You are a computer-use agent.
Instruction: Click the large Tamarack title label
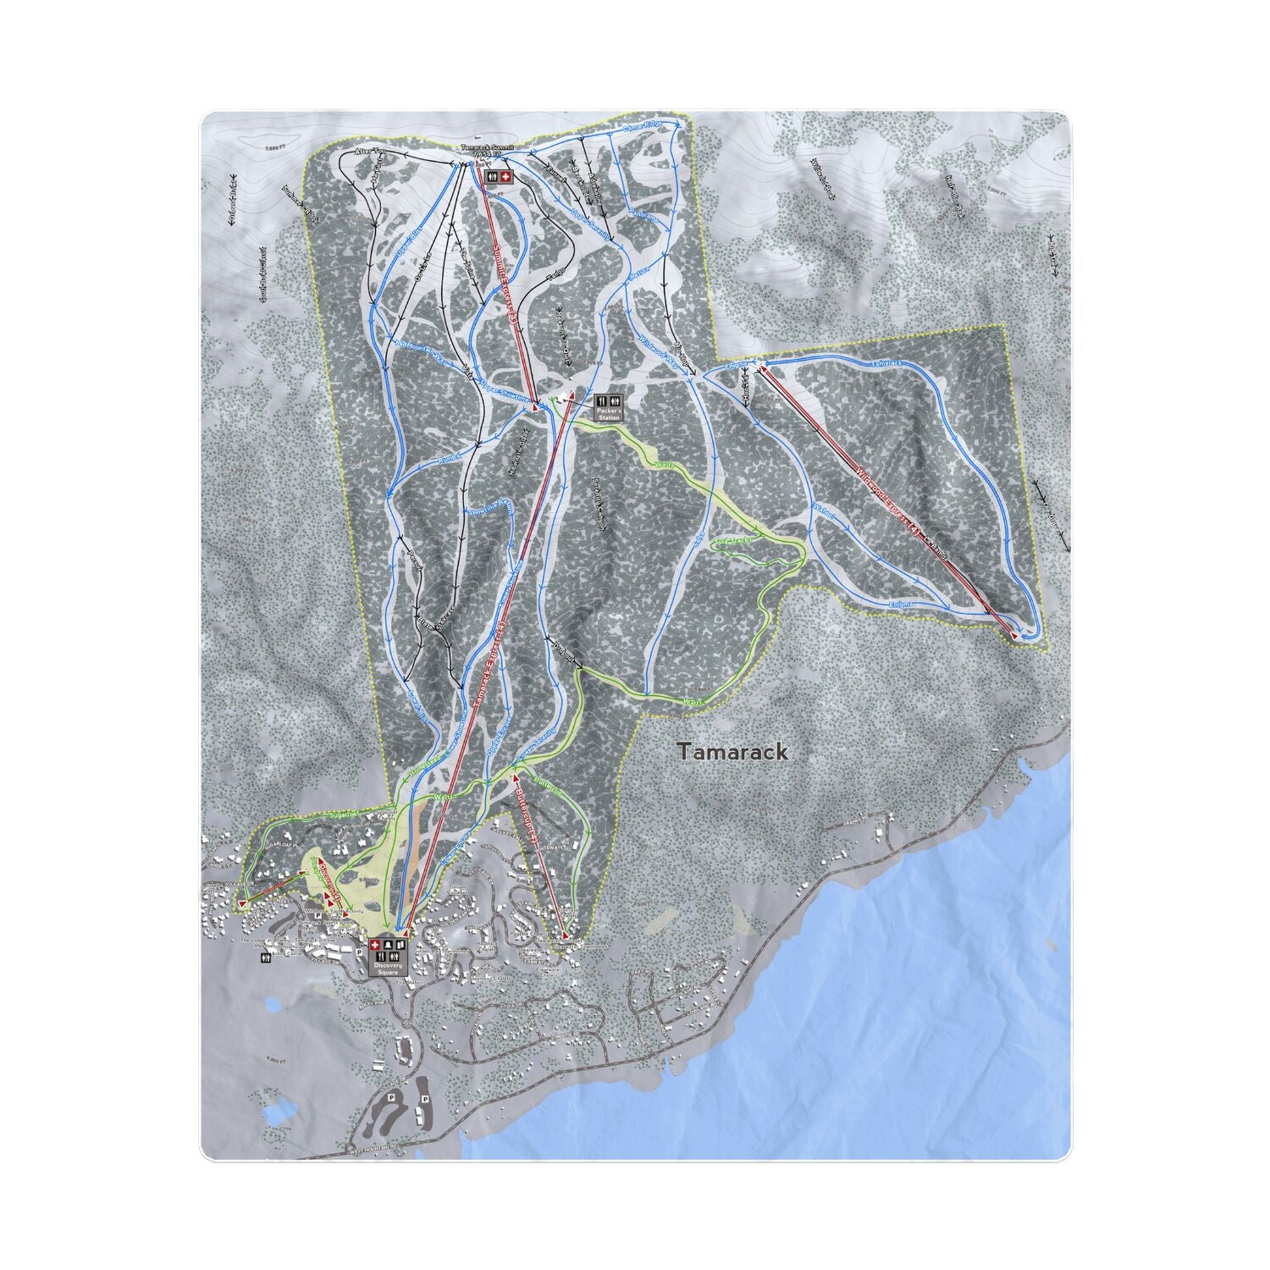[733, 751]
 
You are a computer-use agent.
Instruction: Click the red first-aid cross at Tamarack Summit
[506, 177]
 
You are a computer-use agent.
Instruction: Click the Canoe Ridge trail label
[641, 128]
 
